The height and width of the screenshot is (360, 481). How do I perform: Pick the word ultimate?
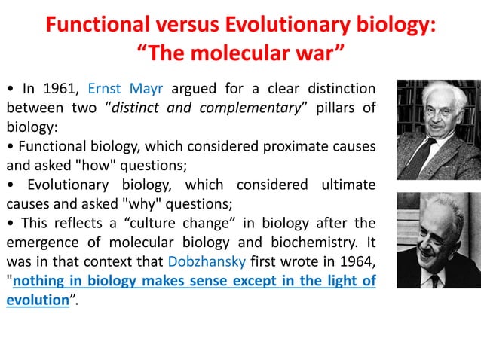tap(343, 185)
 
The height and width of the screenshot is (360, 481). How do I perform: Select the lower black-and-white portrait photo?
tap(438, 240)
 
